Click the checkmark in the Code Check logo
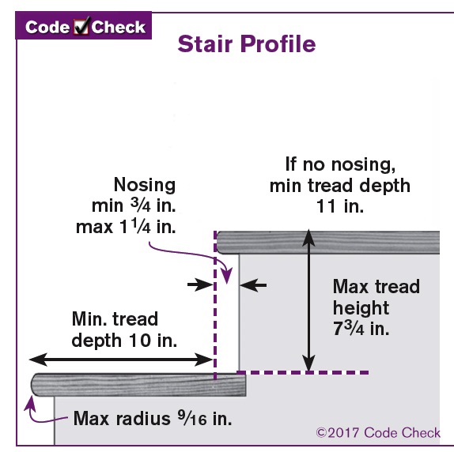click(x=81, y=26)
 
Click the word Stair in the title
click(x=205, y=43)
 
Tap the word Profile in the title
click(x=278, y=43)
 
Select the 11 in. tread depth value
click(x=339, y=206)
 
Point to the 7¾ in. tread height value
click(x=361, y=329)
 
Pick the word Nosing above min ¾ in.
click(x=145, y=184)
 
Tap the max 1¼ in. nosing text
click(x=126, y=227)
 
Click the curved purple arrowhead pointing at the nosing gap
click(x=227, y=276)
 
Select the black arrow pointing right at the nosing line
click(x=200, y=284)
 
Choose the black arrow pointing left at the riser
click(x=253, y=285)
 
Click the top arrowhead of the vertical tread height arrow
click(x=308, y=238)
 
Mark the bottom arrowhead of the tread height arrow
click(x=308, y=363)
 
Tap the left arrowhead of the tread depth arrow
click(x=38, y=360)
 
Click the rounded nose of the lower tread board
click(x=35, y=385)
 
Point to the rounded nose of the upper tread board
click(x=220, y=243)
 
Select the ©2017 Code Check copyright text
click(x=378, y=432)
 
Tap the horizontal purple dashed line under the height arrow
click(x=303, y=372)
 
